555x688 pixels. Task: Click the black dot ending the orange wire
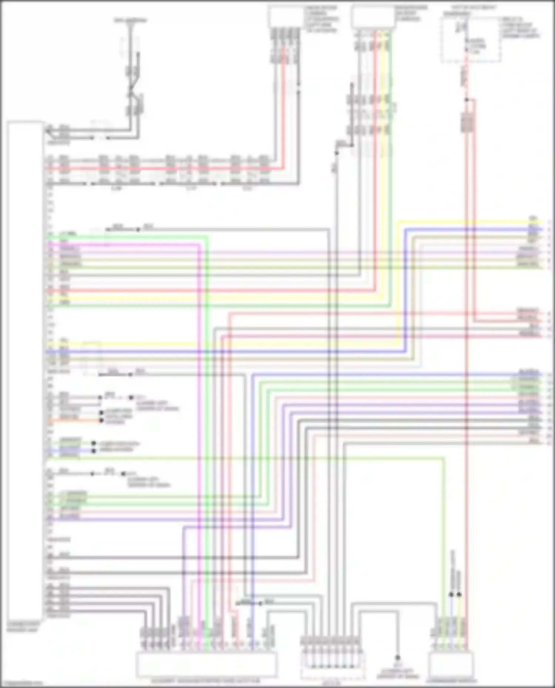click(101, 421)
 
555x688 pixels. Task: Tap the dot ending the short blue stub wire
click(94, 451)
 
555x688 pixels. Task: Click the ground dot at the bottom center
click(398, 658)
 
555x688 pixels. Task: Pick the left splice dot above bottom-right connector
click(451, 594)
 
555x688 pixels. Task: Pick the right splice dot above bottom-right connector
click(459, 594)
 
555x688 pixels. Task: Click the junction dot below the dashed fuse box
click(467, 100)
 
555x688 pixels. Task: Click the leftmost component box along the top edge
click(286, 17)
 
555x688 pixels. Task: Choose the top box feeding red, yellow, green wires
click(373, 17)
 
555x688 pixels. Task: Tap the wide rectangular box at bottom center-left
click(206, 665)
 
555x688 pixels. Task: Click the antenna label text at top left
click(130, 20)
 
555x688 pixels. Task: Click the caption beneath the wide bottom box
click(206, 681)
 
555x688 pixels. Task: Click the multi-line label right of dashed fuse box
click(520, 28)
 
